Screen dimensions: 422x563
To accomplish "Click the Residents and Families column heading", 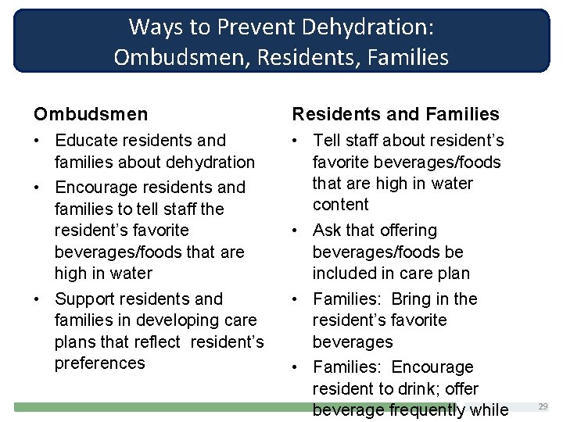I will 395,115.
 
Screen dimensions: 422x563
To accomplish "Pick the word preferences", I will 99,363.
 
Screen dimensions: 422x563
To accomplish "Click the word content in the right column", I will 340,205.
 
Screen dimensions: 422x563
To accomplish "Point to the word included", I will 346,274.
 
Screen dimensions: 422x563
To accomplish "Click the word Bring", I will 411,299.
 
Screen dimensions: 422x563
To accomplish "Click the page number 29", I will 543,406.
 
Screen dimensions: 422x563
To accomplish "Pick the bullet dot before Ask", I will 297,231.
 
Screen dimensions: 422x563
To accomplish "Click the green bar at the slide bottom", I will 156,407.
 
